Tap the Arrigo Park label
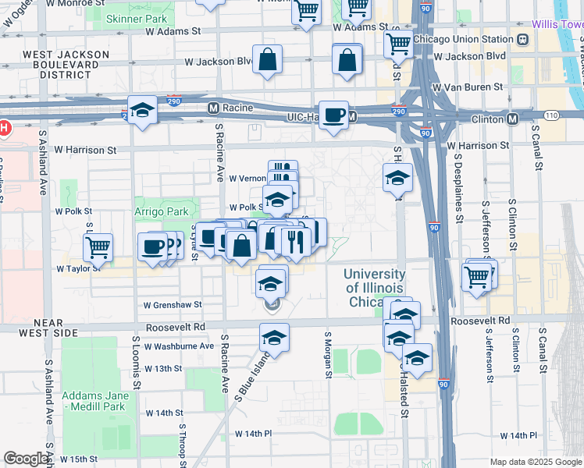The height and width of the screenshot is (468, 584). [162, 211]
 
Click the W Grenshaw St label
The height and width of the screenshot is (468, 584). [173, 305]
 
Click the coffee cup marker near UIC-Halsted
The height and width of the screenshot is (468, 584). [334, 115]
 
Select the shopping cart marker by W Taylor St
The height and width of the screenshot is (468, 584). [98, 247]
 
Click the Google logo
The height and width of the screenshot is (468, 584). [27, 459]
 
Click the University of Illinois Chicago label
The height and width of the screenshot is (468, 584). [375, 288]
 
